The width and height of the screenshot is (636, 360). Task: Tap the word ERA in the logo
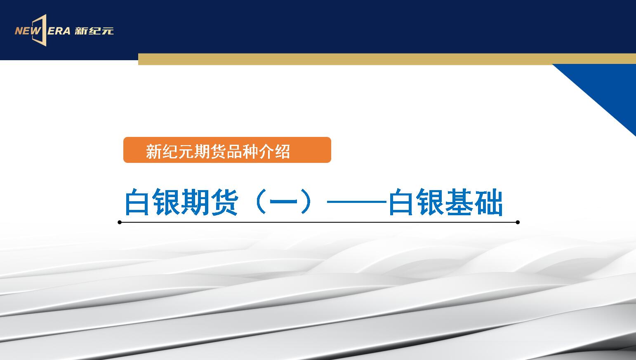click(x=59, y=31)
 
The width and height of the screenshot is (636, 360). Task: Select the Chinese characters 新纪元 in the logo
click(x=94, y=31)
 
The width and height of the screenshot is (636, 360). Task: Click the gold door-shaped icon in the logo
click(x=40, y=30)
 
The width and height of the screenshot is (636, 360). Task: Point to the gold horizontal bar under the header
click(x=387, y=59)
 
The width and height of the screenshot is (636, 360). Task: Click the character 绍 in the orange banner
click(x=282, y=151)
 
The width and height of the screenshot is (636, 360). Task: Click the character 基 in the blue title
click(x=460, y=202)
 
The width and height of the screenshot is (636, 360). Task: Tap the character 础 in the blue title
click(x=489, y=202)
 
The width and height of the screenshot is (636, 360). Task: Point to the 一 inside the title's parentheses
click(x=283, y=202)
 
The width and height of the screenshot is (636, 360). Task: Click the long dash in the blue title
click(x=357, y=202)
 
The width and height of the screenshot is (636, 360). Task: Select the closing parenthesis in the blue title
click(x=306, y=202)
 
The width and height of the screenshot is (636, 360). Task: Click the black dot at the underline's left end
click(x=120, y=222)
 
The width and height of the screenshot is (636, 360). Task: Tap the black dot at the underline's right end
click(x=518, y=222)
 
